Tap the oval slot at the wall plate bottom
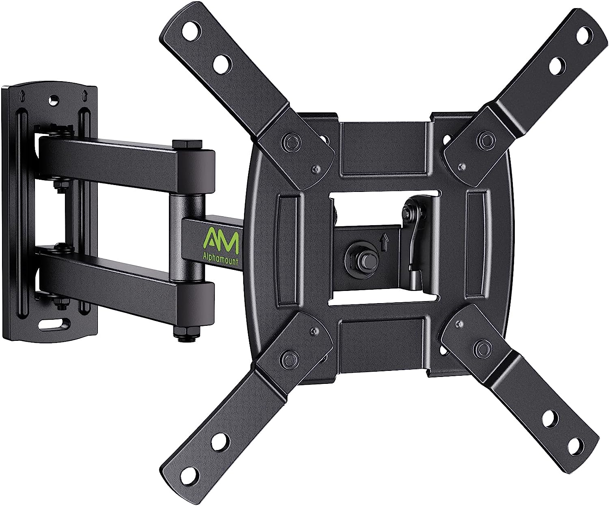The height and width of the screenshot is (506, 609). tap(52, 325)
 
